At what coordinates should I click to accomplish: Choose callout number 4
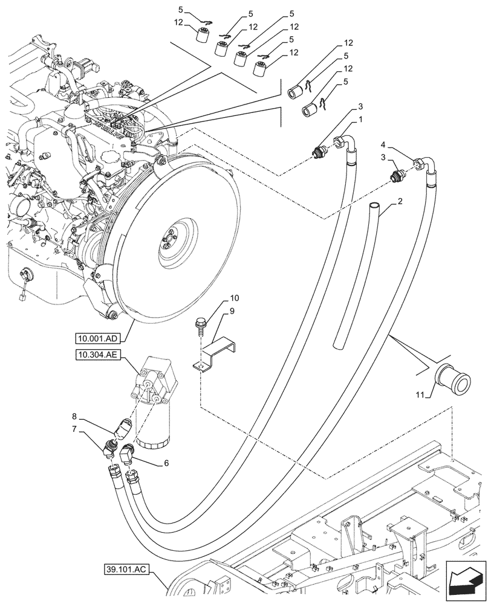click(385, 144)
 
